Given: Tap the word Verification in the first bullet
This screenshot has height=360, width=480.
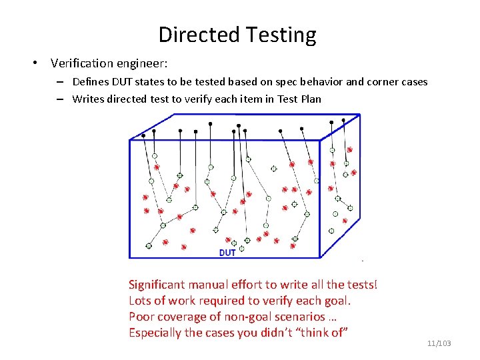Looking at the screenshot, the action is (83, 63).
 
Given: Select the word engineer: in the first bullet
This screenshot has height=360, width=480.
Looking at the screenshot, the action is (142, 64).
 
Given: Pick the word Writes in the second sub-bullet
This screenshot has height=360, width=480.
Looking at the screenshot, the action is (87, 99).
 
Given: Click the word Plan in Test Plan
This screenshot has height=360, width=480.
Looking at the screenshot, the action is (310, 99).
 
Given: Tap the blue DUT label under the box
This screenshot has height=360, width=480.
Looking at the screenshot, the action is (227, 253).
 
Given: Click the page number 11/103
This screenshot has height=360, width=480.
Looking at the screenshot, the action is (439, 343).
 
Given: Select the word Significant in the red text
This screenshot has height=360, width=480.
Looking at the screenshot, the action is (159, 285).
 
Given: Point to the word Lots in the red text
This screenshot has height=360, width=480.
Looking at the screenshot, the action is (140, 301).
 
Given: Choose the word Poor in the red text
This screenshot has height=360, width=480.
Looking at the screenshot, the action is (141, 317).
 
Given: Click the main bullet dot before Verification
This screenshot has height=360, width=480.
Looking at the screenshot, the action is (33, 64).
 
